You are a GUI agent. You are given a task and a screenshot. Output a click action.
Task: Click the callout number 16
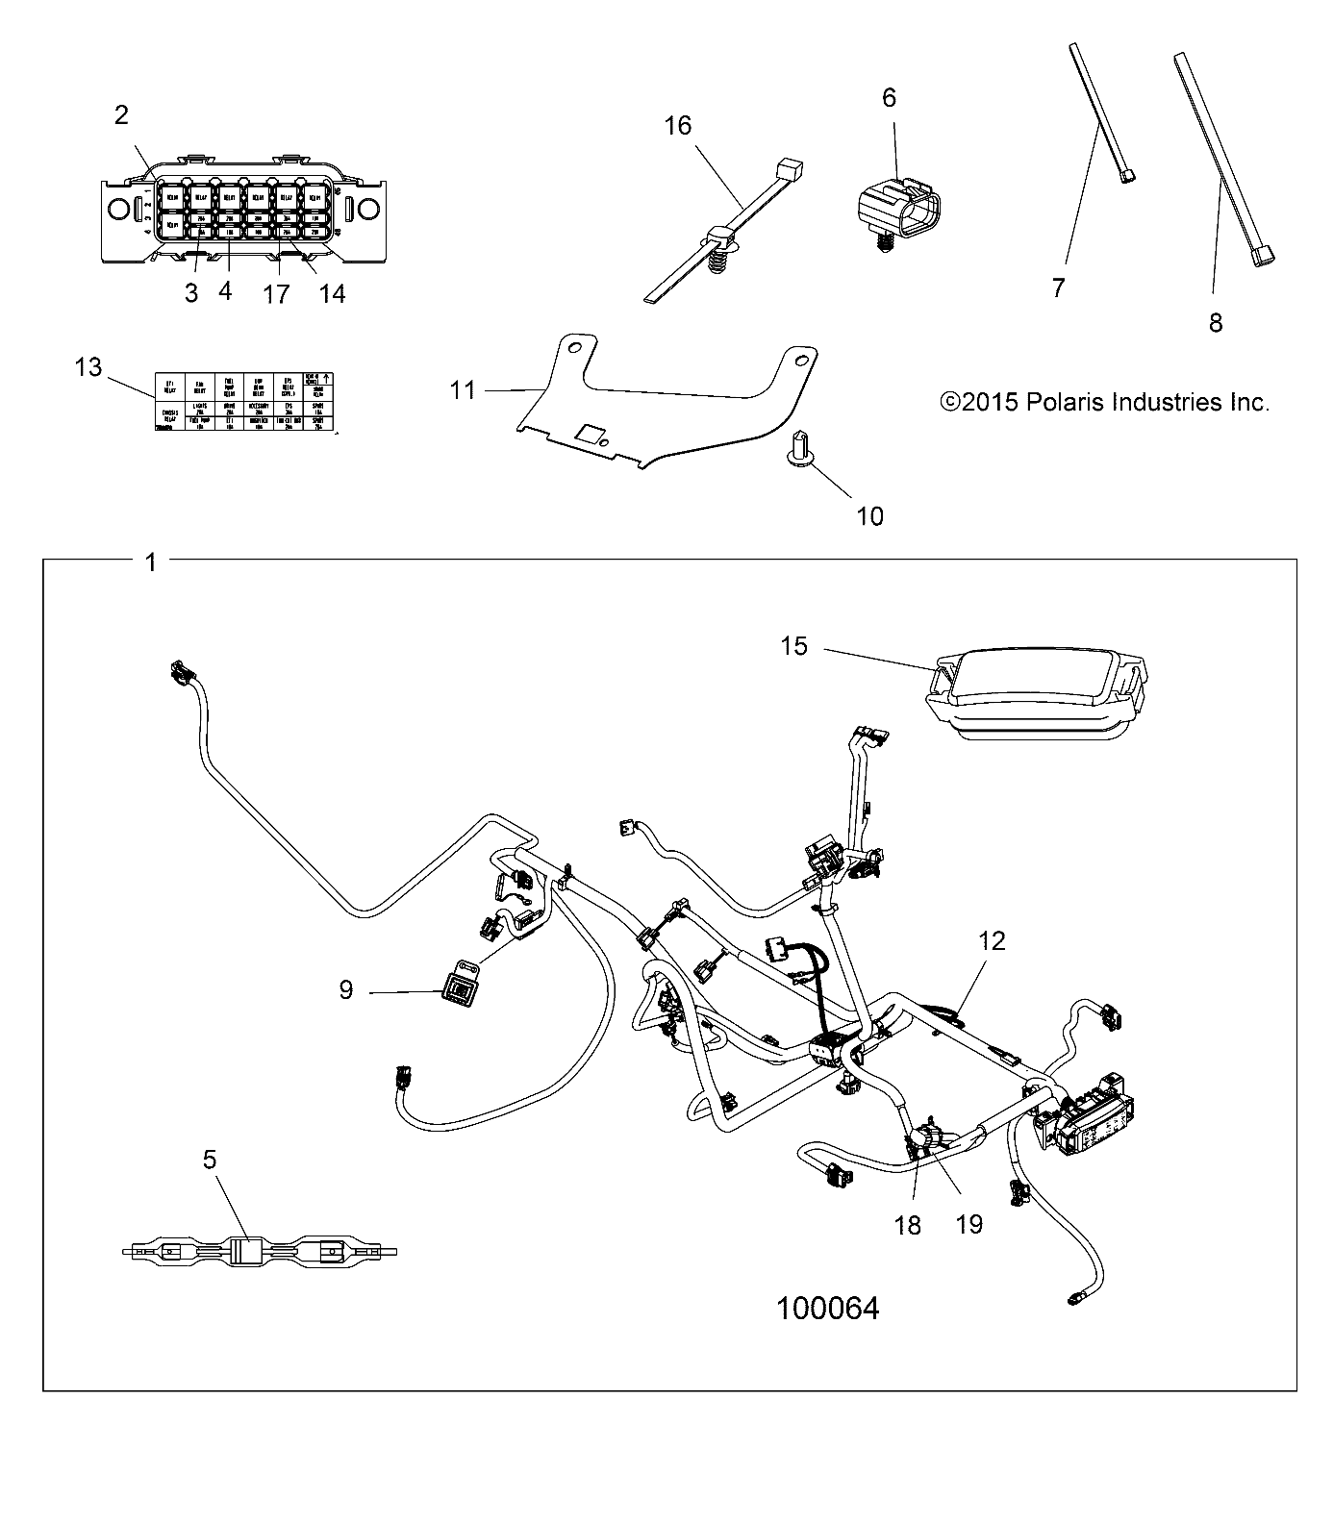(x=678, y=126)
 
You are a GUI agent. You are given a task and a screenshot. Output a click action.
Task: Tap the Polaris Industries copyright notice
(x=1104, y=402)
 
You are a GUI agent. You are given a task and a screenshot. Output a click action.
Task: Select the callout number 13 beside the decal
(x=88, y=367)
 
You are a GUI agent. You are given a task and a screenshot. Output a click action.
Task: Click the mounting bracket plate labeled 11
(x=673, y=404)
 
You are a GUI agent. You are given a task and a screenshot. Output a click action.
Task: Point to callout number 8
(x=1216, y=323)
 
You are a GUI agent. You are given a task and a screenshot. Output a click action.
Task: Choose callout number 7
(x=1058, y=287)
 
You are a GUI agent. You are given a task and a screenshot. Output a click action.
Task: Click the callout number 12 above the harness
(x=992, y=940)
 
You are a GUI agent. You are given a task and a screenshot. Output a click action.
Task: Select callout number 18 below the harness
(x=907, y=1225)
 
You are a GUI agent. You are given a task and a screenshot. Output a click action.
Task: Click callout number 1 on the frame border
(x=150, y=562)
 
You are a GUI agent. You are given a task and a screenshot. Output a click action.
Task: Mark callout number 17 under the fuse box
(x=276, y=293)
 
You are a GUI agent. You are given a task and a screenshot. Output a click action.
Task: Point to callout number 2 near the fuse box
(x=121, y=115)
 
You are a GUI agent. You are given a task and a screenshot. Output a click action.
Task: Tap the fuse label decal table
(x=243, y=401)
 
